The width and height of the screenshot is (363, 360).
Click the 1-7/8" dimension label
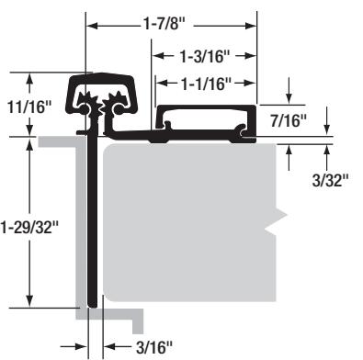click(164, 23)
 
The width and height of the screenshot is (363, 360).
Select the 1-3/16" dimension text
click(204, 56)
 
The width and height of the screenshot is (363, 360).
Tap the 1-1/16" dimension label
click(206, 84)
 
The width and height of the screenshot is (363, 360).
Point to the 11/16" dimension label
click(28, 107)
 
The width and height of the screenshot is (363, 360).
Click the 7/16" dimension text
click(289, 120)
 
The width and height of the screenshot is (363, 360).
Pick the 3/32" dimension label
click(331, 180)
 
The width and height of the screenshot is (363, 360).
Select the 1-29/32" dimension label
click(29, 228)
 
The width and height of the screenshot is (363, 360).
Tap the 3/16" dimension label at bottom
click(154, 347)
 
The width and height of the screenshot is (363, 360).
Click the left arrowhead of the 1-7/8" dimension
click(92, 26)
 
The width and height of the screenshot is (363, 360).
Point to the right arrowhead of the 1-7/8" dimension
click(250, 26)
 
